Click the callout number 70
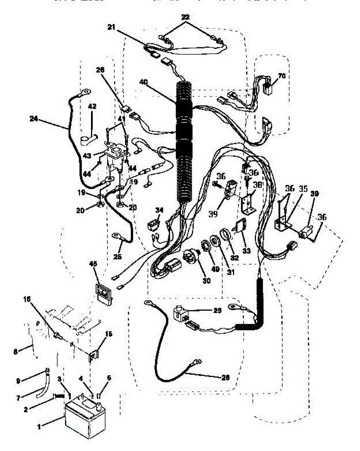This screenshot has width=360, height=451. pos(281,76)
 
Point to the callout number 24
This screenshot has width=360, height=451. pos(33,118)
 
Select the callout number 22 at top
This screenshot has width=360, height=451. pos(185,18)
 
